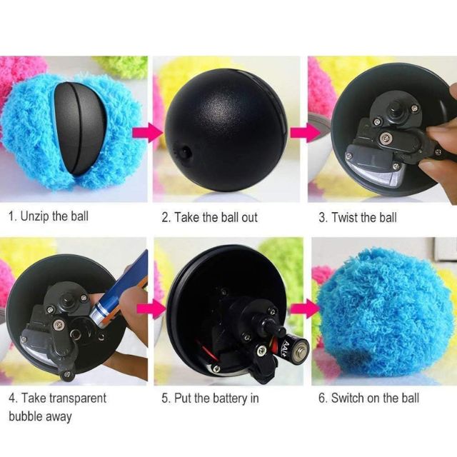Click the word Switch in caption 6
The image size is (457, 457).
click(x=347, y=398)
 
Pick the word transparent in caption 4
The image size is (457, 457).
click(x=75, y=398)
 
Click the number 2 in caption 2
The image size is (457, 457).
click(x=165, y=216)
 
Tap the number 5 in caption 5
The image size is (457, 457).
click(x=164, y=398)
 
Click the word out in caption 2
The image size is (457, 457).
click(x=248, y=216)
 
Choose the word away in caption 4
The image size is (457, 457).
click(x=58, y=416)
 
